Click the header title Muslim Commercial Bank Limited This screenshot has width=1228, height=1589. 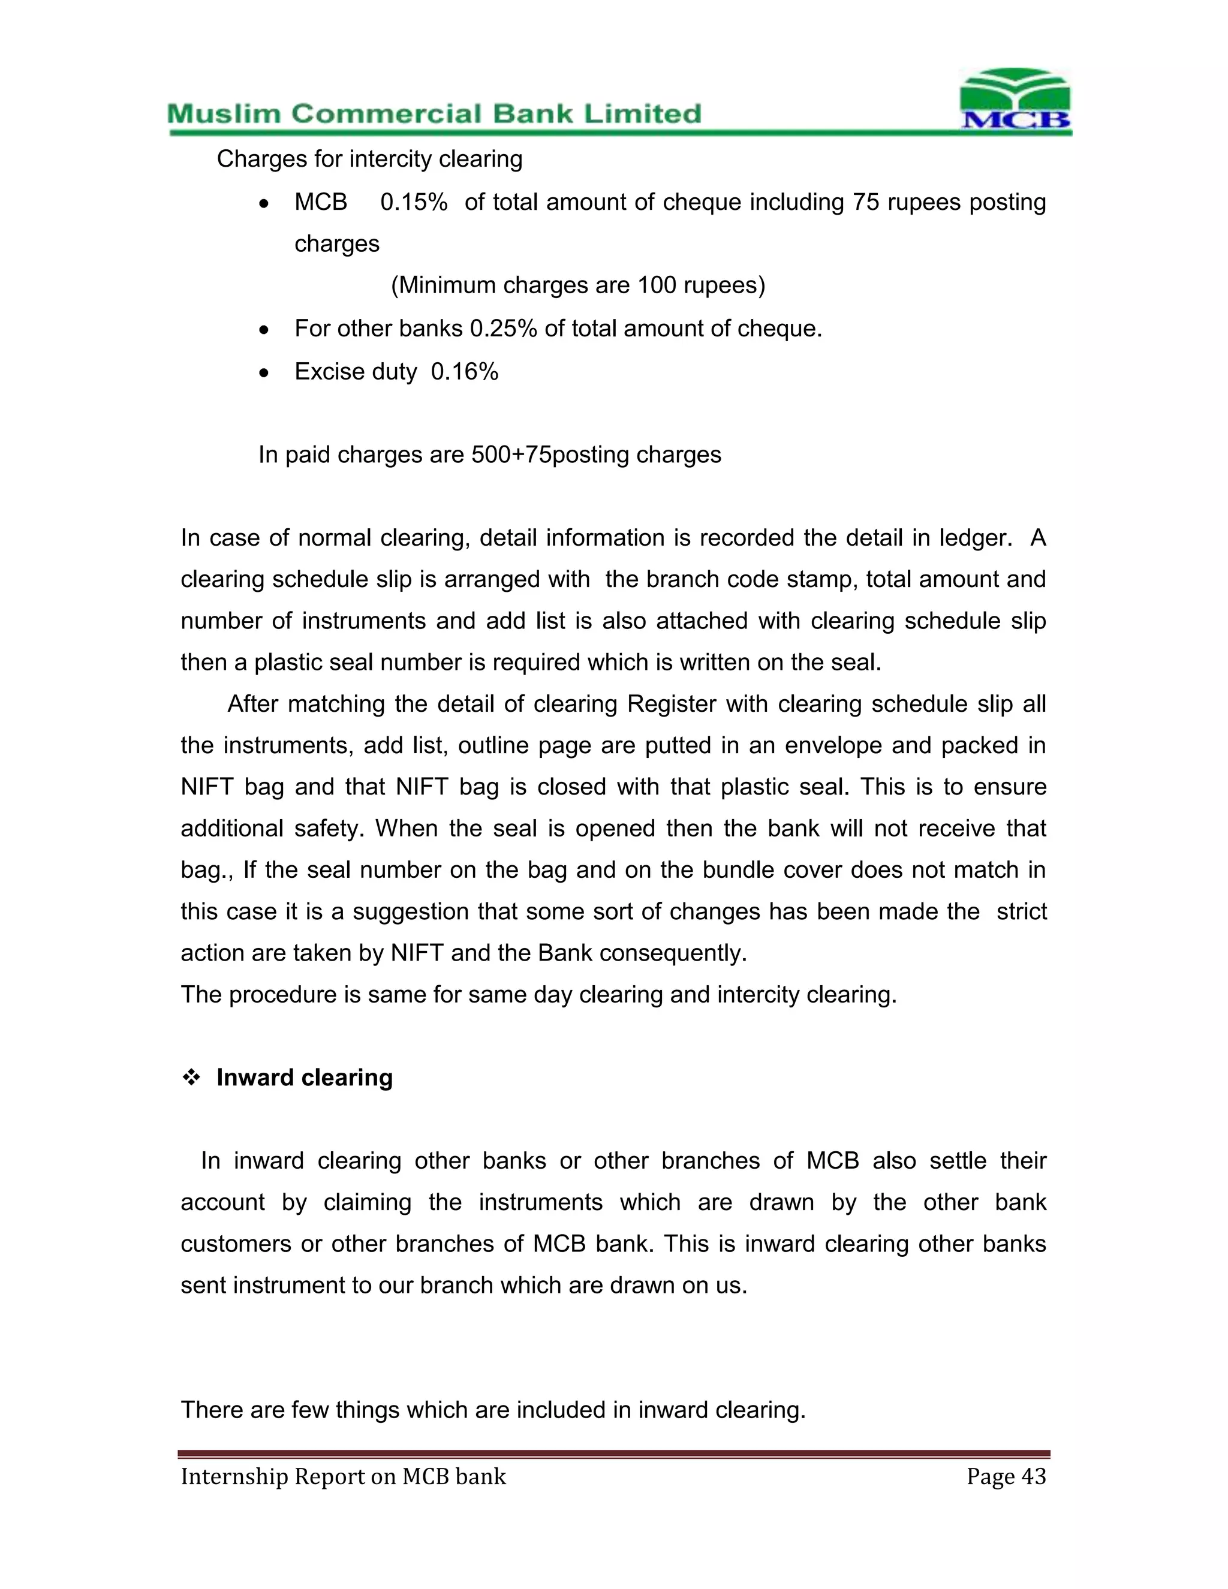434,114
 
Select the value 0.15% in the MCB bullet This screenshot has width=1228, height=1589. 413,202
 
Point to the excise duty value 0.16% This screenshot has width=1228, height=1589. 464,372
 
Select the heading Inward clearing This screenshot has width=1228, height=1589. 304,1078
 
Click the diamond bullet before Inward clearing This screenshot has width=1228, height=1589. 191,1078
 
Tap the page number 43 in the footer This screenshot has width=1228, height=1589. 1033,1476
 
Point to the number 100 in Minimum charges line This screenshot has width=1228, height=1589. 657,285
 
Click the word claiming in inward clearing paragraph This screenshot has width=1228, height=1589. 368,1202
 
